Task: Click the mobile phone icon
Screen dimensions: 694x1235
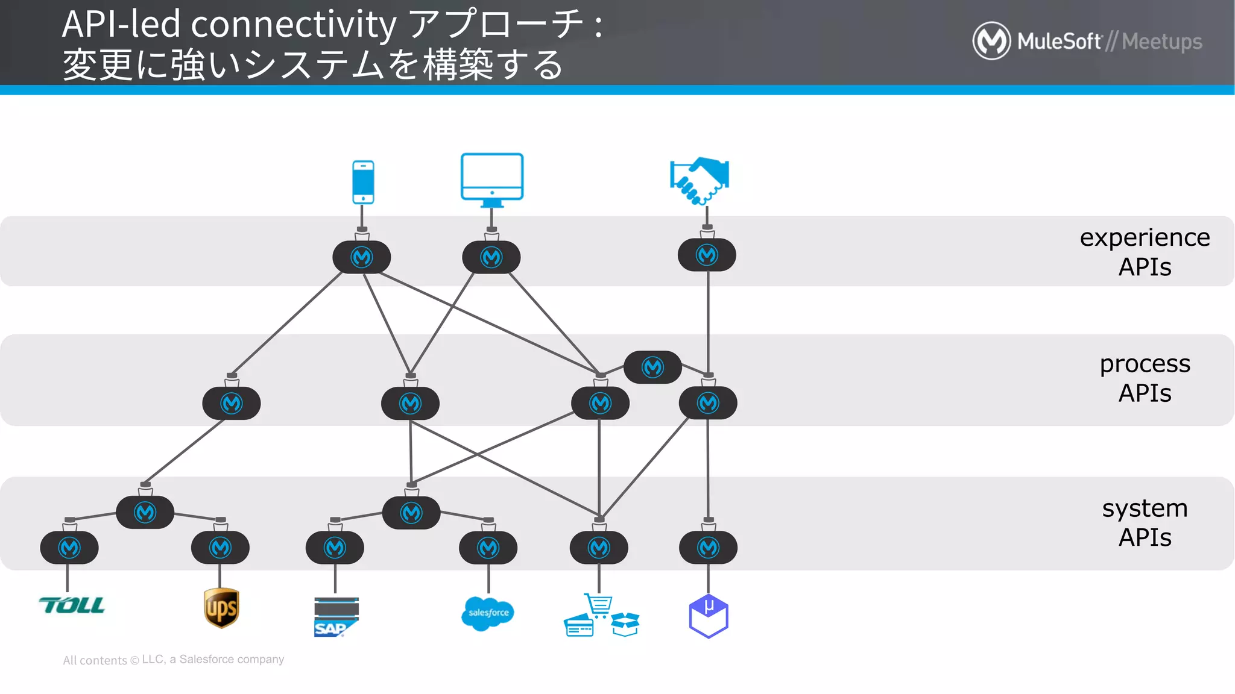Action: pyautogui.click(x=363, y=182)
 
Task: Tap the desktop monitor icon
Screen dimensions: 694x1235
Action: pyautogui.click(x=491, y=178)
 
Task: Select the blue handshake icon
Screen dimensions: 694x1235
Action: pyautogui.click(x=700, y=180)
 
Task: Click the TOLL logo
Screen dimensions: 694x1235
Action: pyautogui.click(x=72, y=605)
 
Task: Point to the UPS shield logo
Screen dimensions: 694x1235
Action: pyautogui.click(x=221, y=608)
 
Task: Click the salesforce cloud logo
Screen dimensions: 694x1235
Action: pyautogui.click(x=487, y=613)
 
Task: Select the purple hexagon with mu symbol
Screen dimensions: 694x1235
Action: pyautogui.click(x=709, y=616)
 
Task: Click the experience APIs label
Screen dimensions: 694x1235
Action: pyautogui.click(x=1144, y=252)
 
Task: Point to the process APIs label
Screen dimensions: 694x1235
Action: pyautogui.click(x=1144, y=378)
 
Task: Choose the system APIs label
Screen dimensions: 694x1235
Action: pyautogui.click(x=1144, y=522)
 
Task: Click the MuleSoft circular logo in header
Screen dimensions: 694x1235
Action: pyautogui.click(x=991, y=41)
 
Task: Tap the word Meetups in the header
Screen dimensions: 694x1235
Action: pyautogui.click(x=1161, y=42)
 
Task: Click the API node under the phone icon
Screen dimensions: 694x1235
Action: pyautogui.click(x=362, y=257)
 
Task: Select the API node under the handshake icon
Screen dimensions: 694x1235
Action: pyautogui.click(x=707, y=255)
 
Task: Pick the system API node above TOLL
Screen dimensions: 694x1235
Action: pyautogui.click(x=69, y=548)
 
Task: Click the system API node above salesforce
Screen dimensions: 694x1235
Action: pyautogui.click(x=488, y=548)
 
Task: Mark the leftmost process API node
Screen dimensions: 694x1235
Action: pyautogui.click(x=232, y=403)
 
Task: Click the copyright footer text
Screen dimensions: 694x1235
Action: pyautogui.click(x=174, y=660)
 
